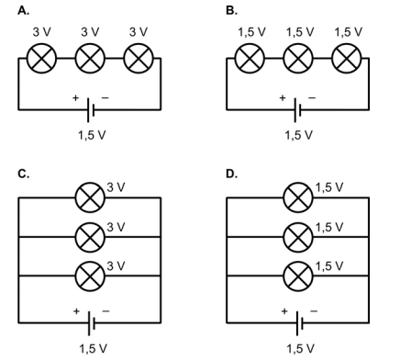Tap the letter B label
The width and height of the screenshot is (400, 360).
[231, 11]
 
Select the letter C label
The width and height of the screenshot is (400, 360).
[24, 174]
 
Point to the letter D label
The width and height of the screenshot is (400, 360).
[231, 174]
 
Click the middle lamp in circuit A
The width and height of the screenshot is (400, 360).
[90, 58]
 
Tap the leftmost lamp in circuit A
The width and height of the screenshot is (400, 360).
[41, 58]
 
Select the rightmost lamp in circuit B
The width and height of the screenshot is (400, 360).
[347, 58]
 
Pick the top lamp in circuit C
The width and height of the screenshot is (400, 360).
[90, 197]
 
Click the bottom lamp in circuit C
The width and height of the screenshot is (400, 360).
[90, 276]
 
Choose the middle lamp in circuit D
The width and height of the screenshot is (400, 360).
[298, 237]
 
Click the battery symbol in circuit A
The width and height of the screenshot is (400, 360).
[91, 110]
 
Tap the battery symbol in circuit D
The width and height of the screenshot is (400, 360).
[299, 323]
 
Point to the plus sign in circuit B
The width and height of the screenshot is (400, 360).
[283, 98]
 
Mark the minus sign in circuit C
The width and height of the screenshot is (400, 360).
[106, 311]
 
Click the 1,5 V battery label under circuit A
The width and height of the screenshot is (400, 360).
[92, 135]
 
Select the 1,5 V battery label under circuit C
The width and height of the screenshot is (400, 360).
[93, 348]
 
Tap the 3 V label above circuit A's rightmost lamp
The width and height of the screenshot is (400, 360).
[139, 32]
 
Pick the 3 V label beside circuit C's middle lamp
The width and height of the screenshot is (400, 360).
[116, 227]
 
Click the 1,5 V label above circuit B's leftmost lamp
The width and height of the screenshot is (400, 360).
[252, 32]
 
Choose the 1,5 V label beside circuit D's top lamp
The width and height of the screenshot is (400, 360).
[329, 187]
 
